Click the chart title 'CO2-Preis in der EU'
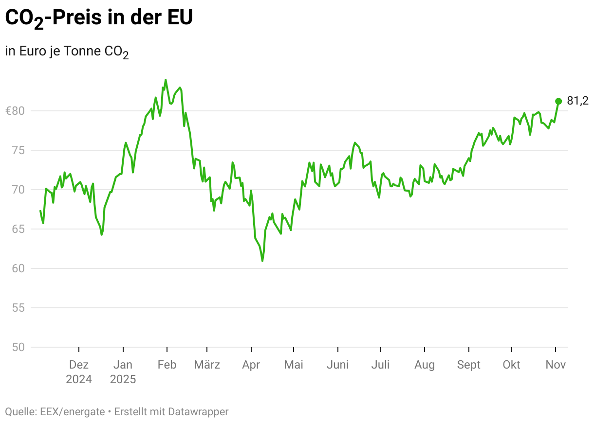(x=99, y=18)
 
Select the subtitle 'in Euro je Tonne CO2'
(x=67, y=52)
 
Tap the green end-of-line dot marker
(x=558, y=101)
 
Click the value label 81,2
(x=578, y=101)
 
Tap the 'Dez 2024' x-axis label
(x=79, y=372)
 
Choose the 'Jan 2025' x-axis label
(x=123, y=372)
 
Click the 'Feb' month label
(x=167, y=365)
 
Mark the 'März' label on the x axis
(x=207, y=365)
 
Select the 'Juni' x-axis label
(x=337, y=365)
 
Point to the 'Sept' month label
(x=468, y=365)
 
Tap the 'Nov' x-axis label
(x=556, y=365)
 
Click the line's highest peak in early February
(x=166, y=80)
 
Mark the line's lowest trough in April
(x=262, y=261)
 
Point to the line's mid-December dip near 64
(x=102, y=235)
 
